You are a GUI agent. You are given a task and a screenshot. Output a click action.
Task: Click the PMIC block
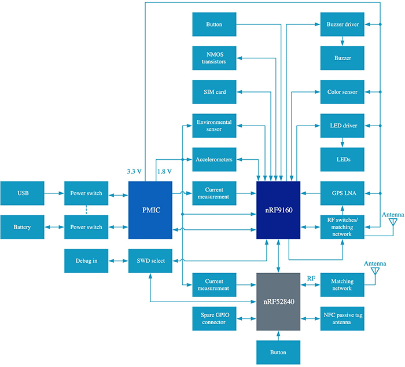[150, 210]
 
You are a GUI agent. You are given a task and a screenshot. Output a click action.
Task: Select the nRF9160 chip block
[279, 210]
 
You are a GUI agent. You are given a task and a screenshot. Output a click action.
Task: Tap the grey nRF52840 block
[279, 301]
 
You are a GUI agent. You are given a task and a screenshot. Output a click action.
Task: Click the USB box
[23, 193]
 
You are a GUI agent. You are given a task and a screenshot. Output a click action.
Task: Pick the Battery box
[23, 227]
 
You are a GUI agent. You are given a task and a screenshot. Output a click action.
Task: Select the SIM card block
[214, 91]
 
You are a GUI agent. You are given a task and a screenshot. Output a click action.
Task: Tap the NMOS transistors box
[214, 58]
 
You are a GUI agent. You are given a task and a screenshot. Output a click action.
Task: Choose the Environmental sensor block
[214, 126]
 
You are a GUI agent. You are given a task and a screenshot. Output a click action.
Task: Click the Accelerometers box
[214, 159]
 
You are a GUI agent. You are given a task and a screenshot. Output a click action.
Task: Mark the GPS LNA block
[343, 193]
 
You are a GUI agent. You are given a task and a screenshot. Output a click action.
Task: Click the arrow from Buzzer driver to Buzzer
[343, 41]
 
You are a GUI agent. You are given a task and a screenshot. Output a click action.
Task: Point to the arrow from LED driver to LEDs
[343, 142]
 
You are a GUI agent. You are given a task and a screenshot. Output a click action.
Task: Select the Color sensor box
[343, 91]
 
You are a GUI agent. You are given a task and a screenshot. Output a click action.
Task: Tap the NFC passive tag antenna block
[343, 319]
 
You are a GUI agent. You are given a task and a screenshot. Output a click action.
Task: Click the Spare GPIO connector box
[214, 319]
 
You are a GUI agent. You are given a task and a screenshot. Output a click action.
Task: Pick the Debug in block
[86, 260]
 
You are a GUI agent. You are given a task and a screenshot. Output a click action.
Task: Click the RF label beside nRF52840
[311, 278]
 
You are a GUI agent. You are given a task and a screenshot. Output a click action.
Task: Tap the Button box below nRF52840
[279, 352]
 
